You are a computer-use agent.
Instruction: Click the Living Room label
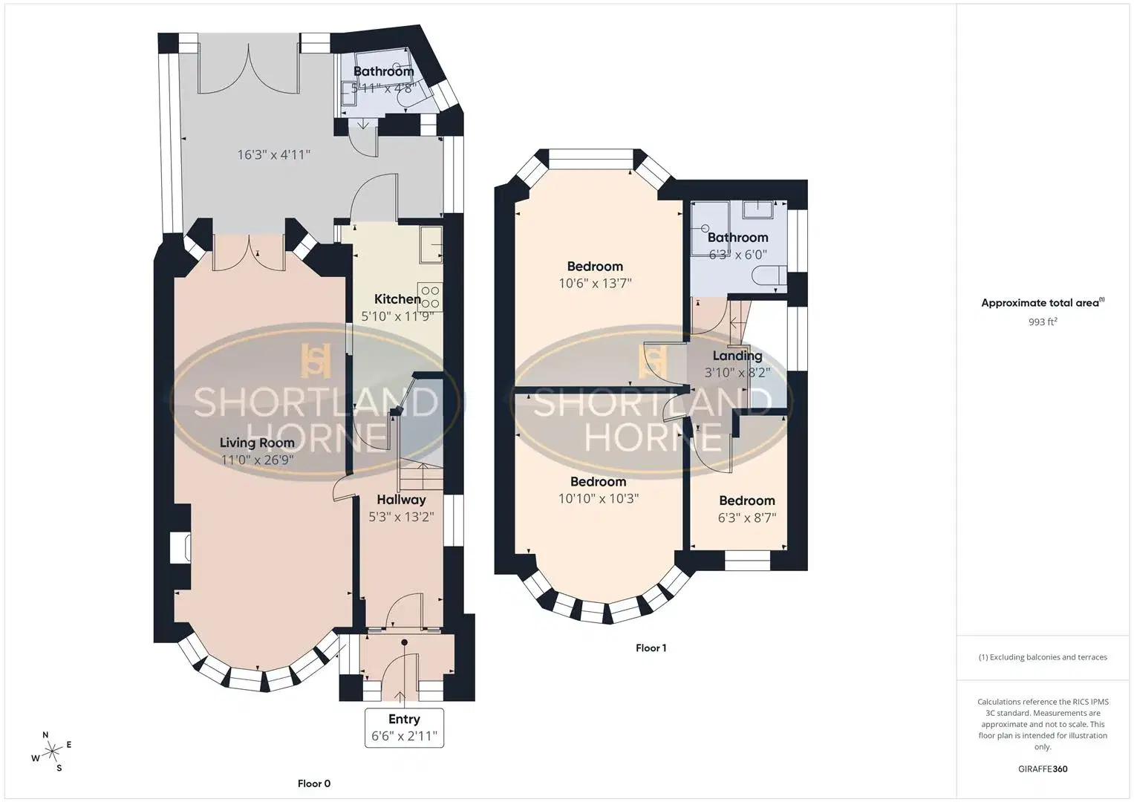coord(257,443)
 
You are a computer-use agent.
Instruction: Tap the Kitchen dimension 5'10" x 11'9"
coord(397,316)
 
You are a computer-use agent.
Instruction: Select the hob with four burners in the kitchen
coord(430,297)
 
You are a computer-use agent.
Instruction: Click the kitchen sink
coord(431,244)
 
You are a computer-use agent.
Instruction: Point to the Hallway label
coord(402,500)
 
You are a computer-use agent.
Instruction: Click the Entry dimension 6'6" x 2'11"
coord(404,736)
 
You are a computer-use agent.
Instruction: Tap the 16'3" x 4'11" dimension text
coord(273,154)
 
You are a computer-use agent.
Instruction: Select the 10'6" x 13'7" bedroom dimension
coord(595,283)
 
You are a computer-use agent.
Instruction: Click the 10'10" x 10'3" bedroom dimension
coord(599,498)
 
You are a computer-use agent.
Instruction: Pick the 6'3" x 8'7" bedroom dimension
coord(747,518)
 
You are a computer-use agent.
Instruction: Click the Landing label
coord(737,356)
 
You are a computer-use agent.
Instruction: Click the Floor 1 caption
coord(651,648)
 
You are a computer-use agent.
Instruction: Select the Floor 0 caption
coord(314,783)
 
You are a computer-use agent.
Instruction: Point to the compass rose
coord(52,752)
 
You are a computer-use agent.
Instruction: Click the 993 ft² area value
coord(1043,322)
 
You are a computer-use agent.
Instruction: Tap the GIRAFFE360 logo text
coord(1043,769)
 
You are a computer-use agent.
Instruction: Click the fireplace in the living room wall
coord(180,547)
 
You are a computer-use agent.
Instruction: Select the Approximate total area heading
coord(1043,303)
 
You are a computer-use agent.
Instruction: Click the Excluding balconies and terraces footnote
coord(1043,657)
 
